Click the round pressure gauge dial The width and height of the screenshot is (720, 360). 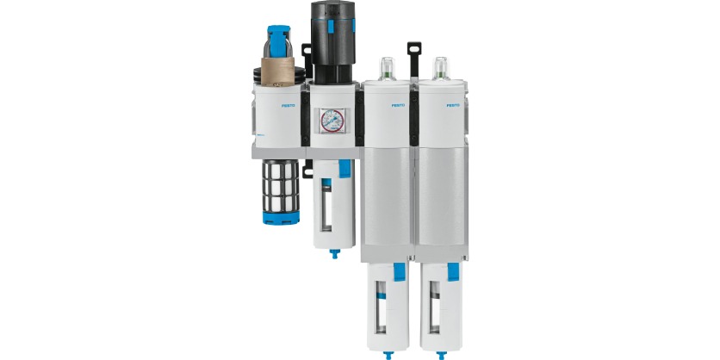[x=331, y=123]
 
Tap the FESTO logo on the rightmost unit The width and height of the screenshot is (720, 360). [x=450, y=103]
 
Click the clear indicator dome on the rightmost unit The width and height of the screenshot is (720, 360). [x=440, y=65]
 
